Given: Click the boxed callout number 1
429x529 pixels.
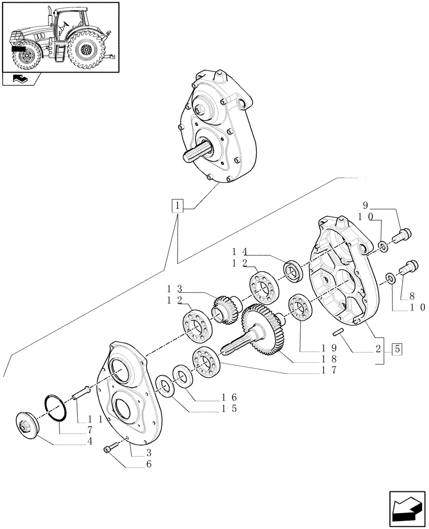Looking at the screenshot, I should pos(178,205).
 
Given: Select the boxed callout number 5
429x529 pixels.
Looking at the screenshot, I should pos(397,349).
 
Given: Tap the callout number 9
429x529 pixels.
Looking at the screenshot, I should pos(365,205).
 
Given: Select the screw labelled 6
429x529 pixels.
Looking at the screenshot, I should pos(109,449).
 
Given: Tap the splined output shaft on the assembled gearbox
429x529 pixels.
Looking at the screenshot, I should pos(194,156).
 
